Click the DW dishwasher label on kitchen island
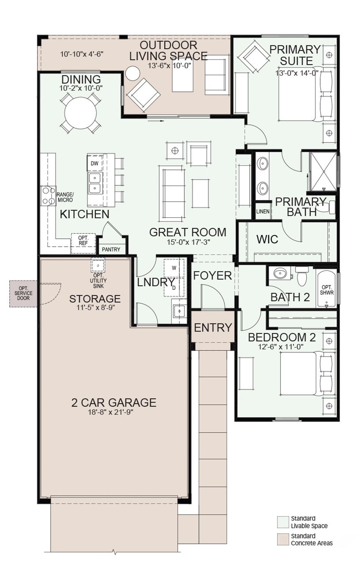[x=94, y=163]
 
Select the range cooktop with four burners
[x=48, y=196]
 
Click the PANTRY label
[x=111, y=249]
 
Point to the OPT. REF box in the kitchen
[x=83, y=241]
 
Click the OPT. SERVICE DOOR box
[x=23, y=293]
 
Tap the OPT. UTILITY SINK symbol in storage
[x=98, y=265]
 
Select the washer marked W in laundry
[x=174, y=268]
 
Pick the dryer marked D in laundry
[x=174, y=288]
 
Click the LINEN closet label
[x=263, y=211]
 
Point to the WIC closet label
[x=267, y=239]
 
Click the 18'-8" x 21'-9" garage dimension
[x=114, y=412]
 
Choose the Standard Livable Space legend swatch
[x=283, y=522]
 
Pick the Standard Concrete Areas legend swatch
[x=283, y=540]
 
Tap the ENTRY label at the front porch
[x=213, y=328]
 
